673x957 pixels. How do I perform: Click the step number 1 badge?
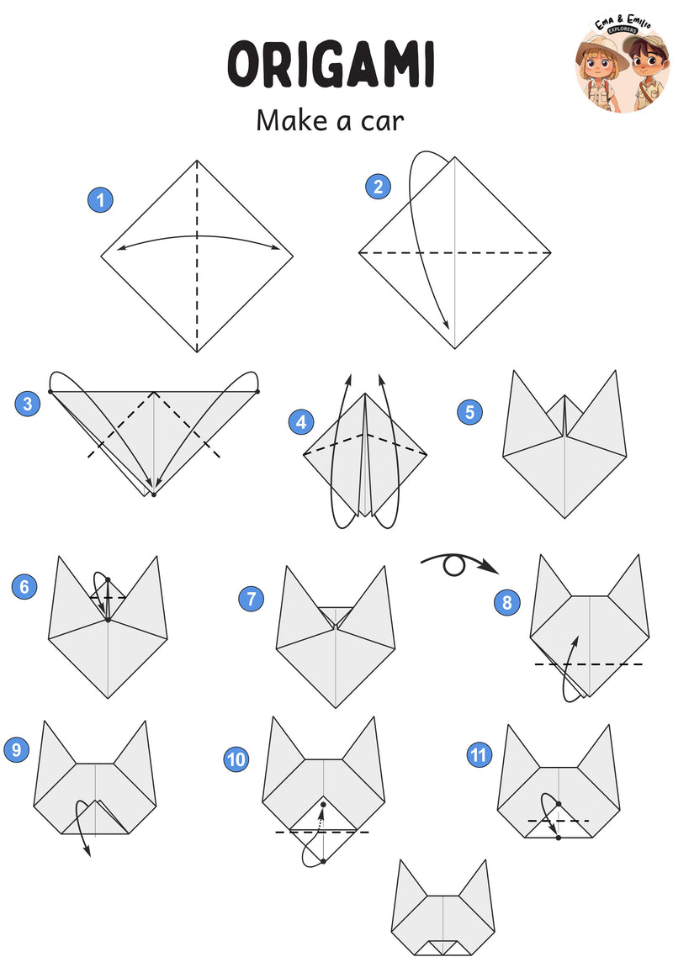point(100,199)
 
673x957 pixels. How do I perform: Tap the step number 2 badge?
point(378,186)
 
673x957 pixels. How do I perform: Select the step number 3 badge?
point(28,404)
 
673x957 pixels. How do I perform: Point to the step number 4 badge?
point(301,422)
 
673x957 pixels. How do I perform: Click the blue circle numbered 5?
point(469,412)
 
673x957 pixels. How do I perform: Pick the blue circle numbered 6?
point(24,586)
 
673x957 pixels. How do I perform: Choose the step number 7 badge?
point(251,598)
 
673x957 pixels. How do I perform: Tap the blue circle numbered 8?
point(507,603)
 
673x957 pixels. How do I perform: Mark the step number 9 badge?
point(17,749)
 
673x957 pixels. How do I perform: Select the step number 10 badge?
point(236,759)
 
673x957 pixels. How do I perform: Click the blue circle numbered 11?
point(479,755)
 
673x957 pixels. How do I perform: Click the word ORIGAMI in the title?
point(331,64)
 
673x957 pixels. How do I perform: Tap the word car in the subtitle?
point(382,121)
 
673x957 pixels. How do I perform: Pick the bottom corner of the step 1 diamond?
point(197,352)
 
